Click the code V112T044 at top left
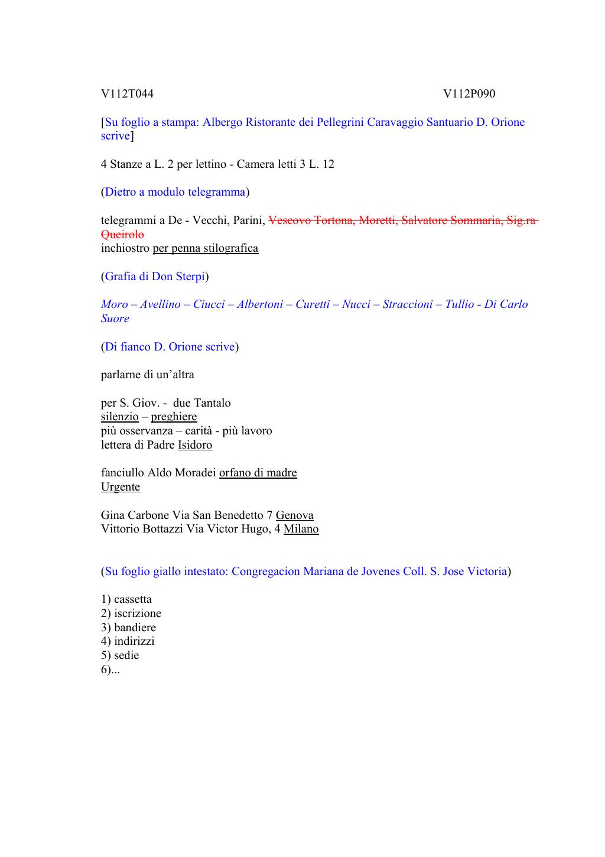pyautogui.click(x=127, y=94)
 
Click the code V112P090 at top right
pyautogui.click(x=469, y=94)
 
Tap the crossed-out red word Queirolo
pyautogui.click(x=122, y=235)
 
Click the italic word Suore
pyautogui.click(x=115, y=319)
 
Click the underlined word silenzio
pyautogui.click(x=119, y=417)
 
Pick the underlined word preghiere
pyautogui.click(x=174, y=417)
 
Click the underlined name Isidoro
pyautogui.click(x=195, y=445)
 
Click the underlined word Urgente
pyautogui.click(x=121, y=487)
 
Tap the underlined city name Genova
pyautogui.click(x=294, y=515)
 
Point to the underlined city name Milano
pyautogui.click(x=301, y=529)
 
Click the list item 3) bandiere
pyautogui.click(x=128, y=628)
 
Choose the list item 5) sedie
pyautogui.click(x=120, y=655)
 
